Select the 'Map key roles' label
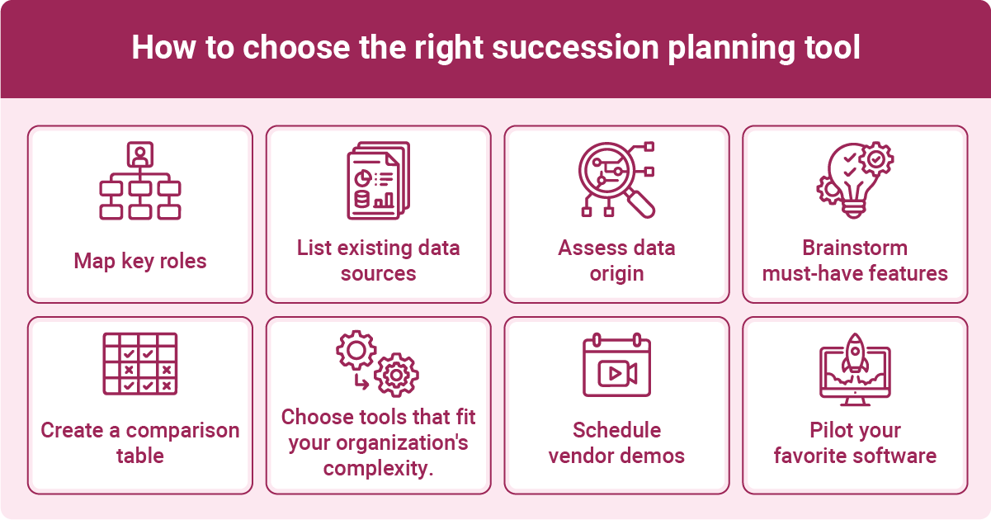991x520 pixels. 140,262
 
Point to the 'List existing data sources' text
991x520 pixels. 378,261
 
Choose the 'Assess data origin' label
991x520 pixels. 616,261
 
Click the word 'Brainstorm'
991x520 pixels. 855,248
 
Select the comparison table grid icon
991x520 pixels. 140,363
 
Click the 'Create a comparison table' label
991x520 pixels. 140,443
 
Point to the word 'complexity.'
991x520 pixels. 378,469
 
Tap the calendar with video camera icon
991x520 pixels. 616,366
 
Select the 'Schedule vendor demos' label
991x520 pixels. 616,443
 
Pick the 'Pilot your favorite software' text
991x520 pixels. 855,443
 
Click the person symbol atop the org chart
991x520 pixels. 140,154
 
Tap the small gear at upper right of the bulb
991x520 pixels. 875,157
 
